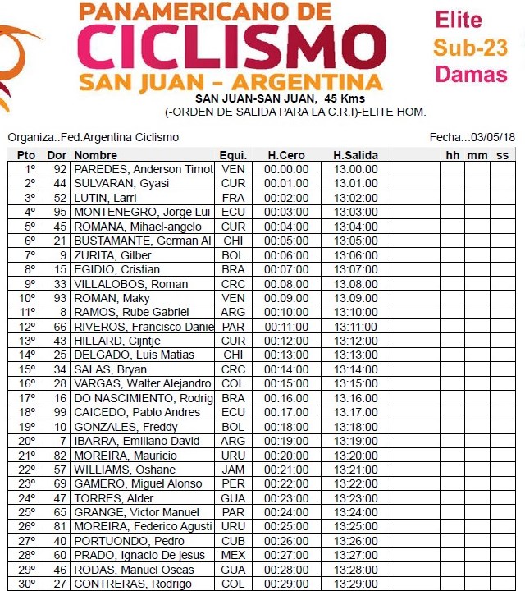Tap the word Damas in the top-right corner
click(x=471, y=74)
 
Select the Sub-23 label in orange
click(x=471, y=47)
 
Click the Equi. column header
click(x=233, y=155)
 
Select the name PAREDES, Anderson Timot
click(x=143, y=169)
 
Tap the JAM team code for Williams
click(x=233, y=470)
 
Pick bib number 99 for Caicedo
click(x=59, y=412)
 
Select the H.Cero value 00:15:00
click(x=286, y=383)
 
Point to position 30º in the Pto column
click(x=27, y=584)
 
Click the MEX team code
click(x=233, y=555)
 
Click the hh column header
click(x=453, y=155)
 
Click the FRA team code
click(x=233, y=198)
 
